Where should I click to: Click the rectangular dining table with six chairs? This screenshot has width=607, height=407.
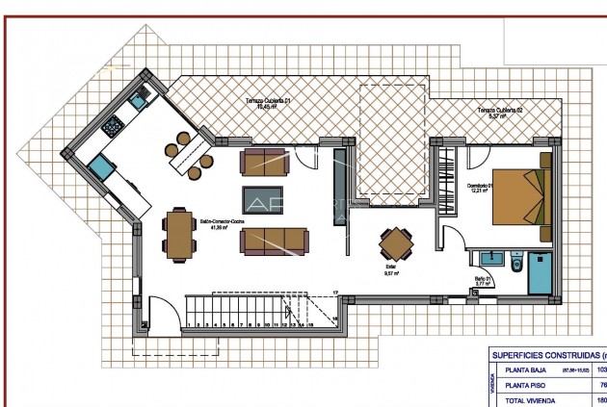178,236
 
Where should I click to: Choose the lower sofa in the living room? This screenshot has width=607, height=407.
275,241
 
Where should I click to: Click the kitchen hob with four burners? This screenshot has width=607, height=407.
113,125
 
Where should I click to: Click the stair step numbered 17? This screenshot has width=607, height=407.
335,292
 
